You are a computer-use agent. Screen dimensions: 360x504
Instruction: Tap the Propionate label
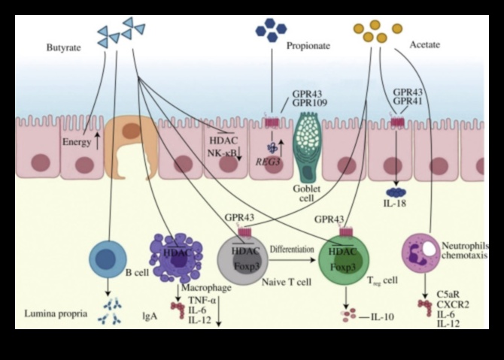tap(308, 45)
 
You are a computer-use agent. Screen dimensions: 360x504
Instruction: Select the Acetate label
tap(425, 45)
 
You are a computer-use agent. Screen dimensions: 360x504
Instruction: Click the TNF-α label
tap(199, 299)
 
